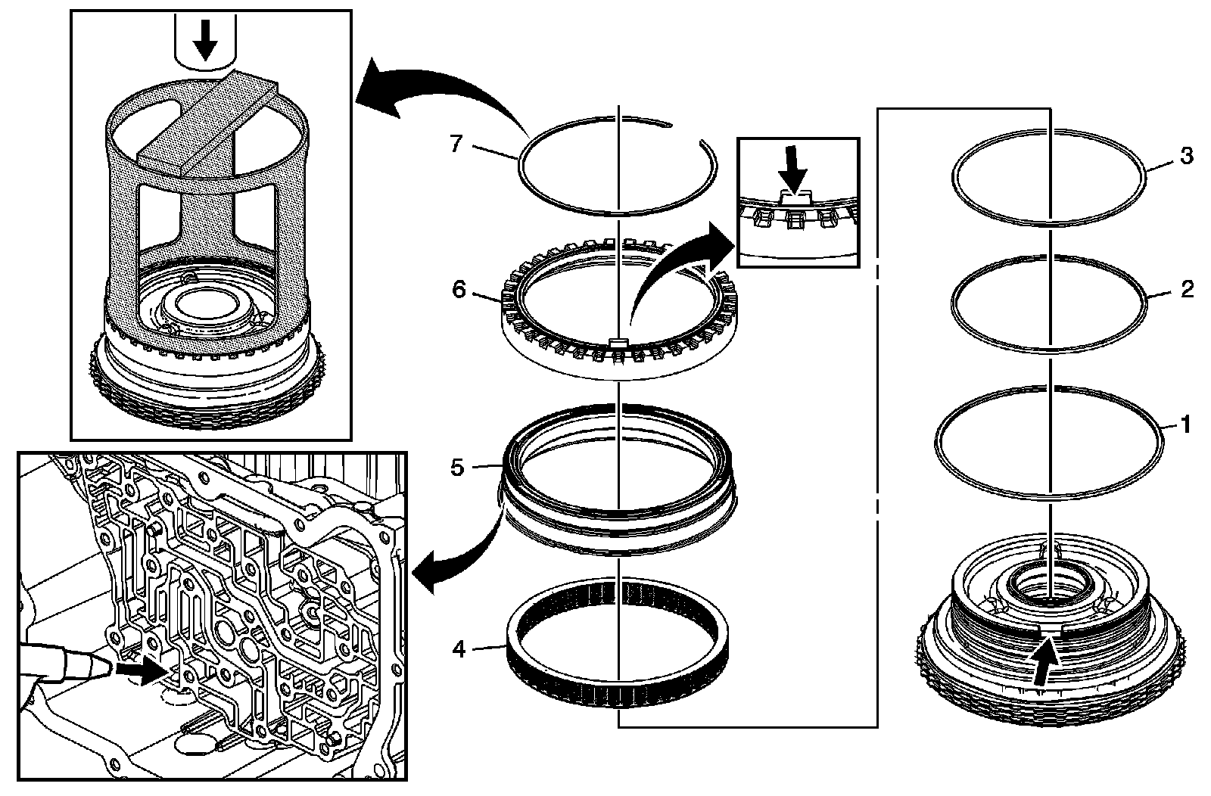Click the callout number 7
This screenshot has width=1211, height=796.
[x=456, y=144]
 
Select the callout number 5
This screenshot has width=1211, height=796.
[x=457, y=467]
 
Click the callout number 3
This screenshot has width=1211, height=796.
[x=1186, y=156]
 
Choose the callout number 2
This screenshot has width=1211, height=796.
[x=1186, y=289]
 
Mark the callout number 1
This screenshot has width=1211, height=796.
[x=1186, y=424]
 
